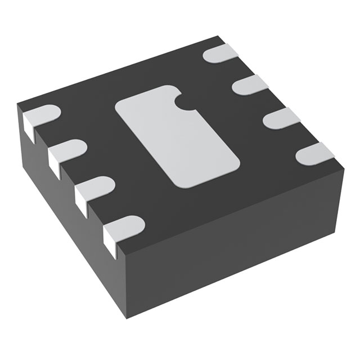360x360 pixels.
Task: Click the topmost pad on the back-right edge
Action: click(x=222, y=54)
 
